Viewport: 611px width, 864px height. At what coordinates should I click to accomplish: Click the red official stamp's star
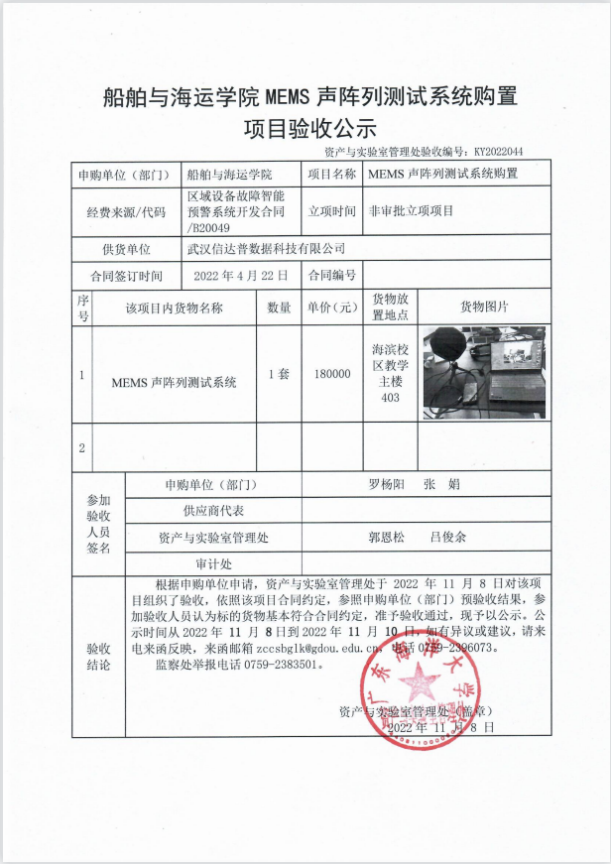(x=420, y=681)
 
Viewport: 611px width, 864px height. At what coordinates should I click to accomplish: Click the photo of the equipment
(x=484, y=372)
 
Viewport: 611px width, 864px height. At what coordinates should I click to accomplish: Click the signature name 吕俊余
(x=447, y=537)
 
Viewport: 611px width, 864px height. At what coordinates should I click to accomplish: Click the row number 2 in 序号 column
(x=82, y=448)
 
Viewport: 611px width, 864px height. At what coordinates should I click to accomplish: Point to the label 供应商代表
(x=212, y=511)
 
